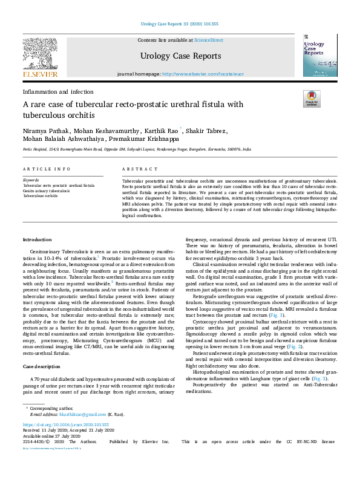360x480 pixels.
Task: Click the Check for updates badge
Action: click(311, 99)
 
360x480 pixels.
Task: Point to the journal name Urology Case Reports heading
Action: click(180, 56)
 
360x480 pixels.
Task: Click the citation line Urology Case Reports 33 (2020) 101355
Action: click(180, 24)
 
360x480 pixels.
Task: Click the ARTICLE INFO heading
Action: click(45, 169)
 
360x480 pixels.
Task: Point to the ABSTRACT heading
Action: click(136, 169)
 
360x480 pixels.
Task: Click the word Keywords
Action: click(31, 181)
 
